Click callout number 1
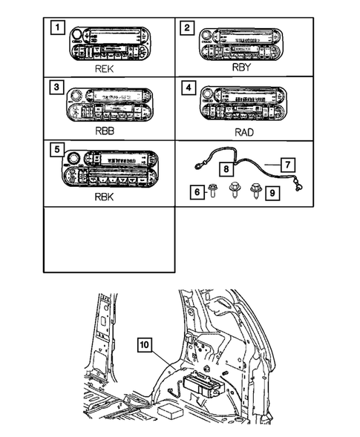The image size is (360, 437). pos(54,30)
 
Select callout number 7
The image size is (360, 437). pos(290,162)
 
